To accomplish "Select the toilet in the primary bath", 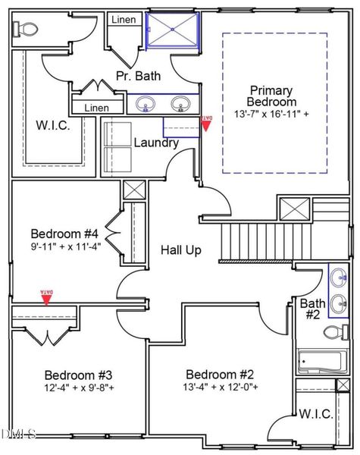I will point(26,30).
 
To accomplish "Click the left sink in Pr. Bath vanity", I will point(144,103).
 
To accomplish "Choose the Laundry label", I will point(156,143).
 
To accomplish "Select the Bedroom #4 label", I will point(65,233).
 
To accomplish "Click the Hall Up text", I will point(180,249).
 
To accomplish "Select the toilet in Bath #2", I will point(334,331).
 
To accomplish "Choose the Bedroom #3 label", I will point(78,375).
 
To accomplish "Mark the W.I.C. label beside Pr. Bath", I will point(53,125).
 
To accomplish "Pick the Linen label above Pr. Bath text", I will point(123,20).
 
